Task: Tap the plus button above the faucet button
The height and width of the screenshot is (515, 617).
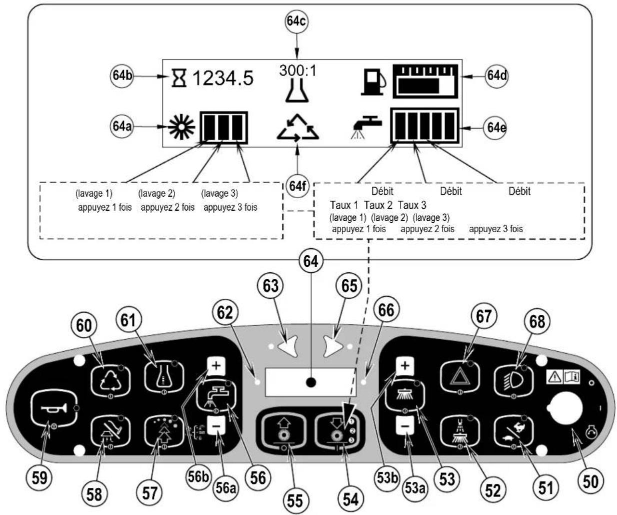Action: (216, 366)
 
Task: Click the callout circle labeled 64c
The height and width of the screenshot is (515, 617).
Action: (296, 22)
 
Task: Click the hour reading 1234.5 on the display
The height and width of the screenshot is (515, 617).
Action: (223, 79)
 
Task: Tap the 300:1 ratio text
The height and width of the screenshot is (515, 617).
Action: (297, 71)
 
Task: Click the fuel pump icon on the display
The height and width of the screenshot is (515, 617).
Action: (373, 82)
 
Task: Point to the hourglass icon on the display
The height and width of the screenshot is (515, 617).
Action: (179, 78)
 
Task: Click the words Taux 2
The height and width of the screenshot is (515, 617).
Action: (378, 205)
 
